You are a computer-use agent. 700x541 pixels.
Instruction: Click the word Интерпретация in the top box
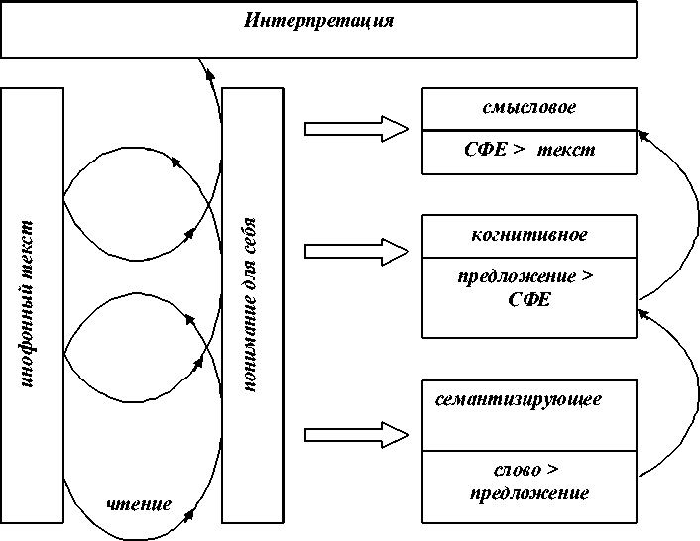pos(318,20)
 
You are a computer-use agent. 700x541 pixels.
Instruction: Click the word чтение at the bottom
pos(139,505)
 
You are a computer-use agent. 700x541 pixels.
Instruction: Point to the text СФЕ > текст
pos(529,150)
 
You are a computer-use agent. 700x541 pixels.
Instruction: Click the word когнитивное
pos(528,235)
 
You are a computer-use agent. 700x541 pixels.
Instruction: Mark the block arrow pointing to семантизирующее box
pos(357,433)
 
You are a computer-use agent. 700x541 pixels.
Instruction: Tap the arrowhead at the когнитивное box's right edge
pos(641,313)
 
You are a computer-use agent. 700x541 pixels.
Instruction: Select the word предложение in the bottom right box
pos(529,492)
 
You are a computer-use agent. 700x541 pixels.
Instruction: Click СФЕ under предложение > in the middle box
pos(528,300)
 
